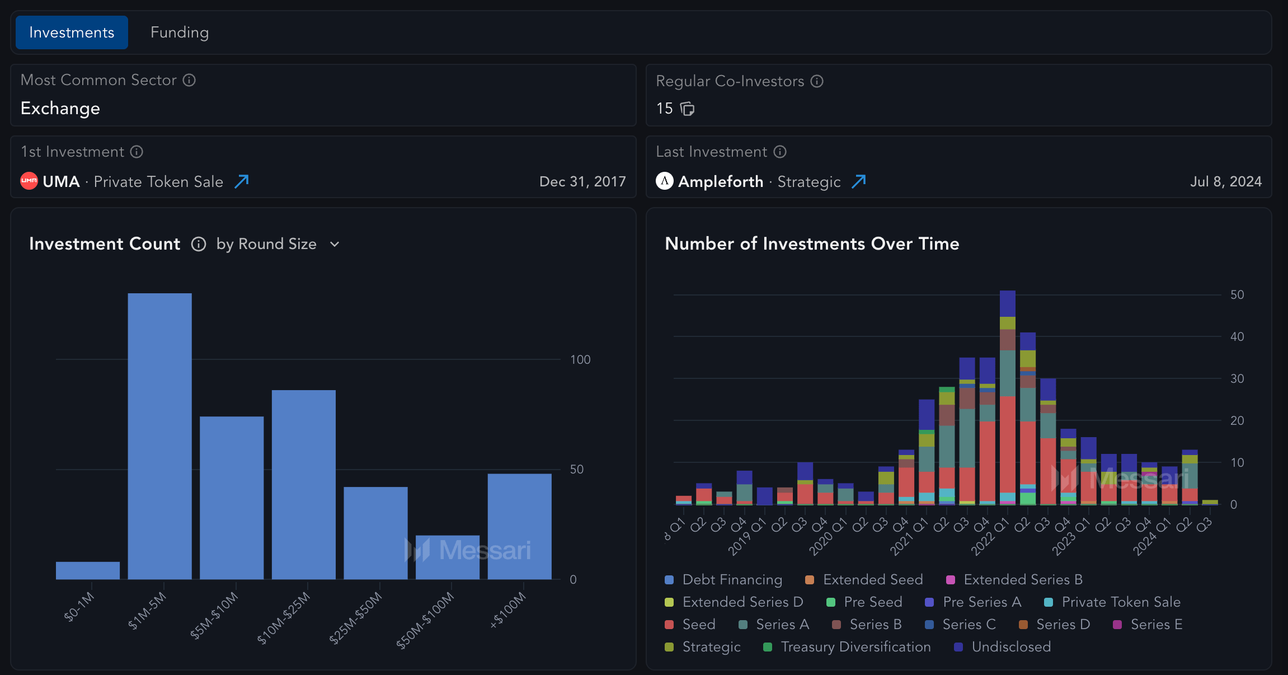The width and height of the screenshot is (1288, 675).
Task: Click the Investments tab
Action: click(x=72, y=32)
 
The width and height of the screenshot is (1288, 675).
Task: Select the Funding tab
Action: click(x=180, y=32)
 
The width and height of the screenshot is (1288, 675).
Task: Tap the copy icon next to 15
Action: click(x=687, y=109)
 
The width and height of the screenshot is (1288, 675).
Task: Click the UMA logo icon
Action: click(x=29, y=181)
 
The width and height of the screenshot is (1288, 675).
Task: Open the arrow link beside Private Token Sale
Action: click(x=242, y=181)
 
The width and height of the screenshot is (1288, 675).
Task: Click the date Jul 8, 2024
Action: click(x=1225, y=181)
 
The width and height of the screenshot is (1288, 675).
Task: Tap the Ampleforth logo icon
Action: click(x=664, y=181)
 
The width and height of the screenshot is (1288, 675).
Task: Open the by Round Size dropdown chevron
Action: click(x=335, y=244)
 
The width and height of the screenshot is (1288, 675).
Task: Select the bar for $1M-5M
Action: click(x=159, y=437)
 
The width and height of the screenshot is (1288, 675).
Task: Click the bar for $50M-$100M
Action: click(x=448, y=557)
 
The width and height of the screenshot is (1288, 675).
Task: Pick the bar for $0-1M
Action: click(x=88, y=570)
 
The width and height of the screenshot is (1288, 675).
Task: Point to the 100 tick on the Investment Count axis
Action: click(x=580, y=359)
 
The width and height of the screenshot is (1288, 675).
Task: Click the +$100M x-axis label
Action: click(x=508, y=610)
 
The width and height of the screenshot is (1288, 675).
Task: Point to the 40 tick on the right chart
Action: click(x=1237, y=336)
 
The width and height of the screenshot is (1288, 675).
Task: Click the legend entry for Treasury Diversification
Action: click(x=855, y=647)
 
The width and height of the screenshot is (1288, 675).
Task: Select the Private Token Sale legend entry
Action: click(x=1121, y=602)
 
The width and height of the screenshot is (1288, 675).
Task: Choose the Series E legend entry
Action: click(x=1156, y=625)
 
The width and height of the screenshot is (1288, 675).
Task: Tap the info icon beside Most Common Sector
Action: click(x=189, y=80)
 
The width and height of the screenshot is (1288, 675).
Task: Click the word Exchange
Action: click(x=60, y=108)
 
